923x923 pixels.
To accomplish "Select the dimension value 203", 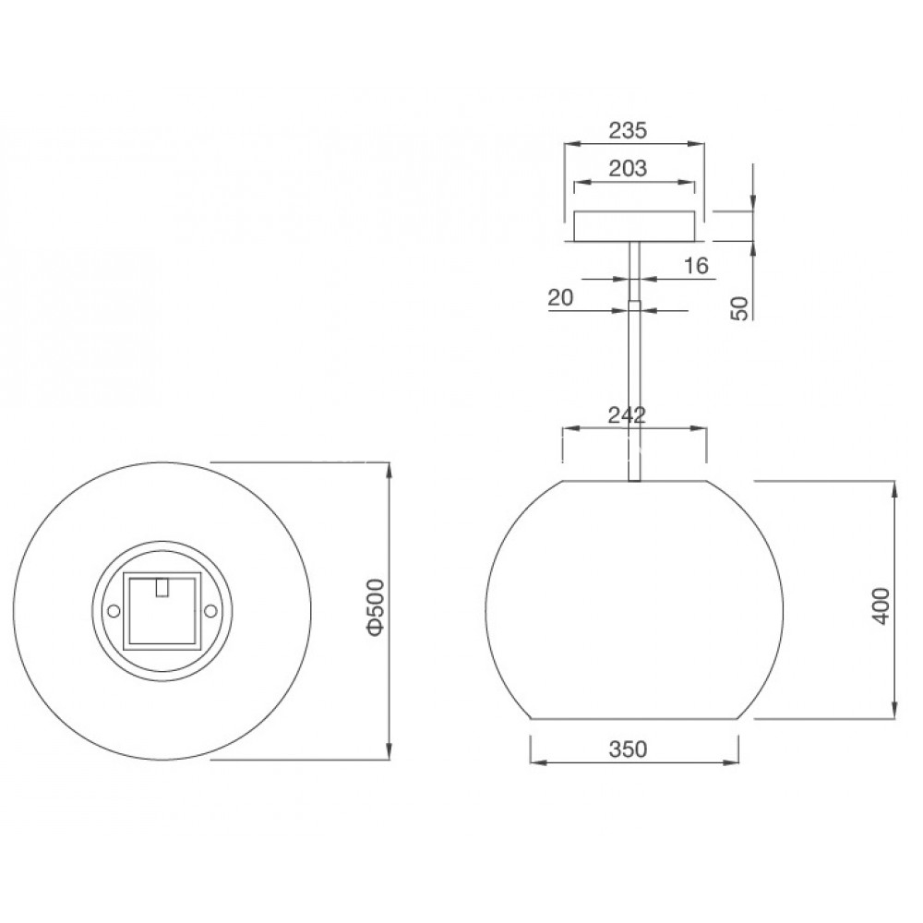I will (x=628, y=168).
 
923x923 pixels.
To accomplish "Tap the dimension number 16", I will (x=696, y=266).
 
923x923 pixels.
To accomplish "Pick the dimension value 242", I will (x=627, y=414).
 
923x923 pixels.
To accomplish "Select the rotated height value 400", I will (x=881, y=605).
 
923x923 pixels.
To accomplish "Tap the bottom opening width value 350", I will (x=628, y=749).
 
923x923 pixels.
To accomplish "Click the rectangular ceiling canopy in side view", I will (x=633, y=226).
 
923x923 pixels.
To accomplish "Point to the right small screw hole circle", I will (x=210, y=610).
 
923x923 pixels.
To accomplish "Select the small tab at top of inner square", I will (x=162, y=587).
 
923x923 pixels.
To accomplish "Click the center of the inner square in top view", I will (x=162, y=610).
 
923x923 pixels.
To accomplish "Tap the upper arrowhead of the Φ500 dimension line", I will (x=389, y=468).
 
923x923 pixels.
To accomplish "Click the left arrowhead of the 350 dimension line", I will (x=535, y=762).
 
